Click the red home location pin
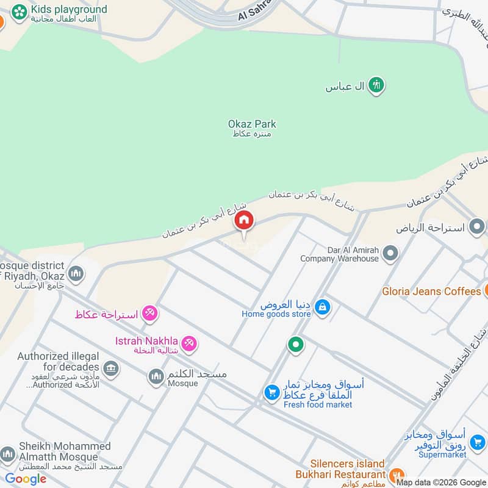coord(244,221)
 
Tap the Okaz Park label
coord(252,124)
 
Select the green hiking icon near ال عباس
coord(376,86)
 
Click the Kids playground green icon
coord(20,10)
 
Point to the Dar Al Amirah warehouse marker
coord(390,253)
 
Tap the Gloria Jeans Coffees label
coord(431,291)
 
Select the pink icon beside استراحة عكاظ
coord(149,314)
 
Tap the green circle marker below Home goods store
coord(296,345)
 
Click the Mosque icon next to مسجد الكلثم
coord(157,376)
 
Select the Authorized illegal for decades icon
coord(110,367)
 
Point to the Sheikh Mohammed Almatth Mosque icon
coord(8,454)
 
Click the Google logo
coord(26,479)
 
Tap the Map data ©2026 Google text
coord(441,482)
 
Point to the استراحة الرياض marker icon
coord(477,228)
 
